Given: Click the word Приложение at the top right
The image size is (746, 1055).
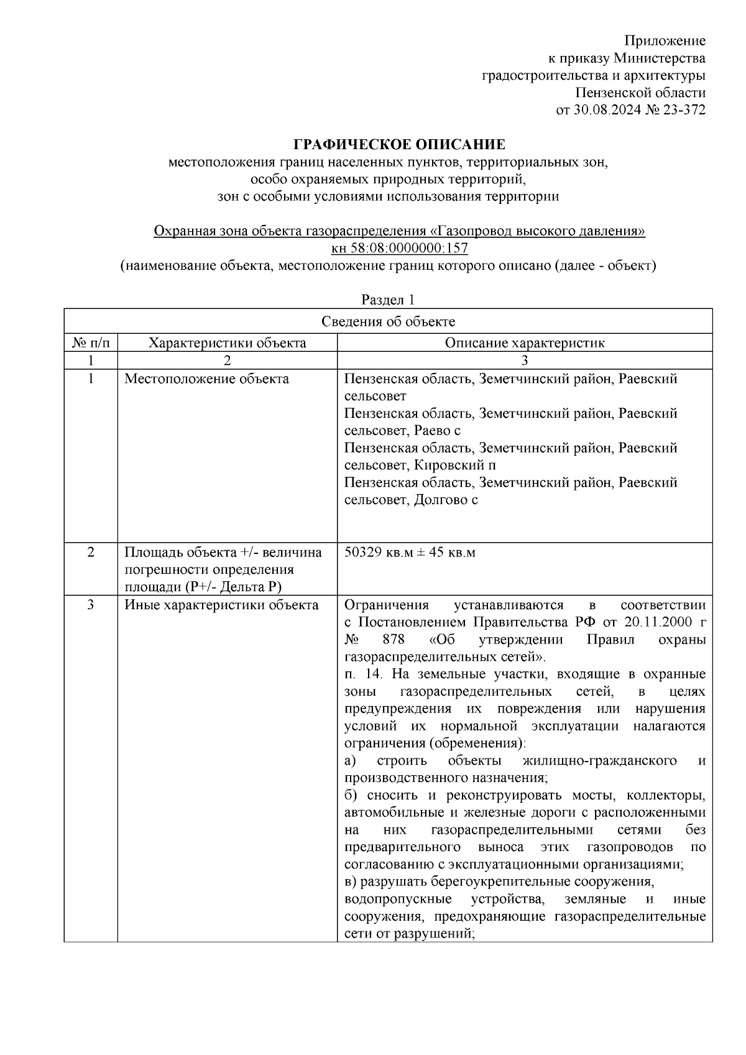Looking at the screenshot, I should pyautogui.click(x=665, y=41).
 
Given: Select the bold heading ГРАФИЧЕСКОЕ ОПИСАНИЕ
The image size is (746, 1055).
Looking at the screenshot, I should pyautogui.click(x=399, y=145).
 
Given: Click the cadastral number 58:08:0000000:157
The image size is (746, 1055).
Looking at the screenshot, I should pyautogui.click(x=408, y=249).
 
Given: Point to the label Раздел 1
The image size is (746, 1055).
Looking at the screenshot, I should pyautogui.click(x=388, y=300).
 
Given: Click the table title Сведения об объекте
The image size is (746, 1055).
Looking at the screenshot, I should pyautogui.click(x=388, y=321).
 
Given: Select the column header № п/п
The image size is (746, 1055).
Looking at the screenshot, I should pyautogui.click(x=91, y=343).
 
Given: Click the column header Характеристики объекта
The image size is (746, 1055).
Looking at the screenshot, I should pyautogui.click(x=228, y=343).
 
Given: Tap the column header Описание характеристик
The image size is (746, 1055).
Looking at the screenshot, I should pyautogui.click(x=524, y=343).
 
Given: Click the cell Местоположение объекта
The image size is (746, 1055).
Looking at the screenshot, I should pyautogui.click(x=206, y=379).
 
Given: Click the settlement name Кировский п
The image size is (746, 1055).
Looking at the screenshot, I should pyautogui.click(x=454, y=465).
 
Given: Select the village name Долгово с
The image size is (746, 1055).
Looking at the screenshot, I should pyautogui.click(x=446, y=500).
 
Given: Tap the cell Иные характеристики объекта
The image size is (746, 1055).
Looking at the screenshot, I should pyautogui.click(x=221, y=605).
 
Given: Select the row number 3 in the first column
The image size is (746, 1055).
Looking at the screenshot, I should pyautogui.click(x=91, y=605).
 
